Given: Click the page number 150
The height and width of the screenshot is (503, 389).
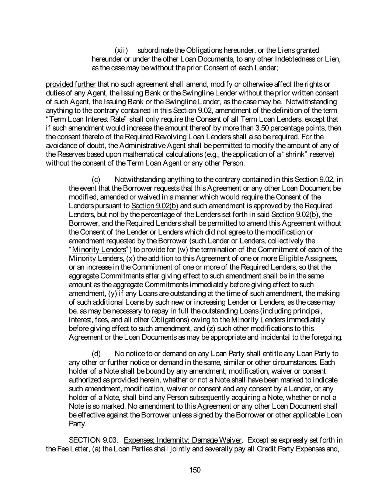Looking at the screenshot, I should pos(194,470).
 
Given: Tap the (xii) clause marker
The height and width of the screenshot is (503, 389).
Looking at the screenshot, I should pos(121,50).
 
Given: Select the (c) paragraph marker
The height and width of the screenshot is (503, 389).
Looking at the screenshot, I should pos(96,179).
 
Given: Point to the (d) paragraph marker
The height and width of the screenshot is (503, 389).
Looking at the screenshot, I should pos(96,354).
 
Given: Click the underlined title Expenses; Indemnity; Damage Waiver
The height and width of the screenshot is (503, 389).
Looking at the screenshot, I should pos(183,440).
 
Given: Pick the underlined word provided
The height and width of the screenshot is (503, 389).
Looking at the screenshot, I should pos(59,84).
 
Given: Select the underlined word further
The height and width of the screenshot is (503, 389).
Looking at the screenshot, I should pos(85,84).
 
